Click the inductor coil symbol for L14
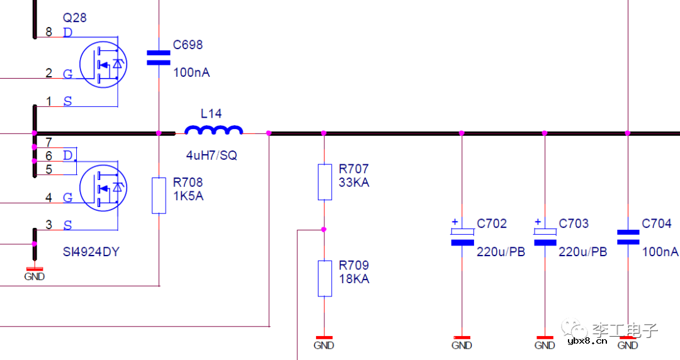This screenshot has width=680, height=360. pyautogui.click(x=213, y=130)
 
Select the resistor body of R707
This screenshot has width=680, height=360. pyautogui.click(x=324, y=182)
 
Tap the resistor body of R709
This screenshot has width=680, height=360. pyautogui.click(x=324, y=278)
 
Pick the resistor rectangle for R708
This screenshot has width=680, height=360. pyautogui.click(x=159, y=195)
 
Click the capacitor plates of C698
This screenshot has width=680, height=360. pyautogui.click(x=159, y=58)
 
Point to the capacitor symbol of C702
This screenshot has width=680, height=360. pyautogui.click(x=462, y=237)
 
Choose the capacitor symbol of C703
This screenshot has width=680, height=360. pyautogui.click(x=545, y=237)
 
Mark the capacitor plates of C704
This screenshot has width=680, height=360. pyautogui.click(x=628, y=237)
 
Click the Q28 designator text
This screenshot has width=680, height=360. pyautogui.click(x=74, y=18)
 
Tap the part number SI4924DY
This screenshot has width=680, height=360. pyautogui.click(x=91, y=252)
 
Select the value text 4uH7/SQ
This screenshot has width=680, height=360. pyautogui.click(x=212, y=155)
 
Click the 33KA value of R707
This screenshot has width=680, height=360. pyautogui.click(x=354, y=183)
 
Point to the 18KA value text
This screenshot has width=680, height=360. pyautogui.click(x=354, y=279)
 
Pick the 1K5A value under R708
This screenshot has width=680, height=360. pyautogui.click(x=188, y=196)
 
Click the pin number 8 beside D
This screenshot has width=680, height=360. pyautogui.click(x=50, y=32)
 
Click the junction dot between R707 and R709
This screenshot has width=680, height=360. pyautogui.click(x=324, y=230)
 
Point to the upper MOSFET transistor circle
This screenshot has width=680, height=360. pyautogui.click(x=103, y=64)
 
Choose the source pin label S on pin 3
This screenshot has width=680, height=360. pyautogui.click(x=68, y=225)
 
